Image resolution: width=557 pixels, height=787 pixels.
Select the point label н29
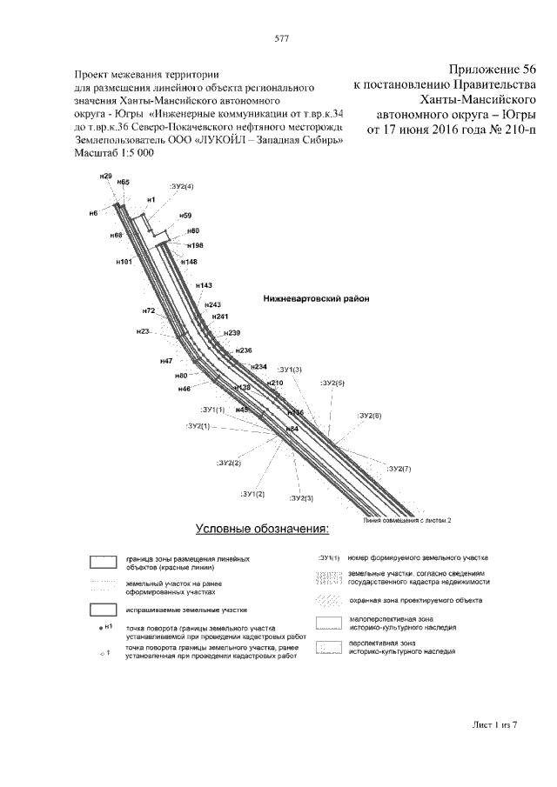pyautogui.click(x=106, y=177)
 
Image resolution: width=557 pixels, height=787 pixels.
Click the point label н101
pyautogui.click(x=124, y=261)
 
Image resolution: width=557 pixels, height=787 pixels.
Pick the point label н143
pyautogui.click(x=205, y=285)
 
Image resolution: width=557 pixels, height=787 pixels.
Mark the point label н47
pyautogui.click(x=166, y=360)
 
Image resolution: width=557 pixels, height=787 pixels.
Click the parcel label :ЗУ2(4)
pyautogui.click(x=181, y=187)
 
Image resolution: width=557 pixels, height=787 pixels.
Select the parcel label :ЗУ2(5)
pyautogui.click(x=332, y=383)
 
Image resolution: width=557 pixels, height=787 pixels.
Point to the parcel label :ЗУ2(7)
pyautogui.click(x=399, y=469)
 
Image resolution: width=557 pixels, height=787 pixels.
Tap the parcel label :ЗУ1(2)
pyautogui.click(x=252, y=494)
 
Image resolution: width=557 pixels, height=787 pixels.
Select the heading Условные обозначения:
pyautogui.click(x=261, y=529)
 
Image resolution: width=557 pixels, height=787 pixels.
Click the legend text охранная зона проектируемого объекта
pyautogui.click(x=416, y=601)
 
